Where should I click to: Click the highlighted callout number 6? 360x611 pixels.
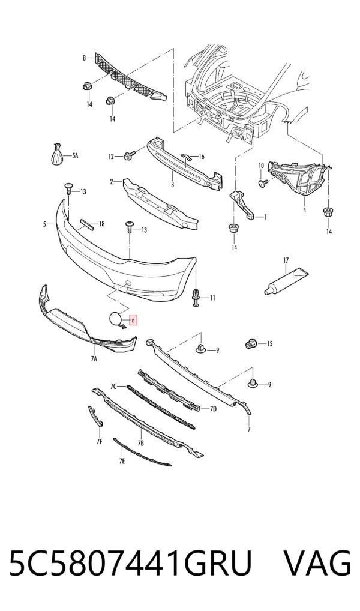tap(133, 321)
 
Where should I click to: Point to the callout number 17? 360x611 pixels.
tap(286, 260)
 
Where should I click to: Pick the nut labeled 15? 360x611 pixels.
tap(250, 343)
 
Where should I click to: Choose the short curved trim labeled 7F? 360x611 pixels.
tap(95, 416)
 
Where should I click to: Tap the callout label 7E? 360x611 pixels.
tap(122, 462)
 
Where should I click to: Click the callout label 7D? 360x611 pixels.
tap(213, 409)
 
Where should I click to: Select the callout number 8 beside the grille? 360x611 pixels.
tap(84, 58)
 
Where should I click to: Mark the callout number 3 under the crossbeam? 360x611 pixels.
tap(172, 185)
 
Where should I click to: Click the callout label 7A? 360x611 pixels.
tap(94, 359)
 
